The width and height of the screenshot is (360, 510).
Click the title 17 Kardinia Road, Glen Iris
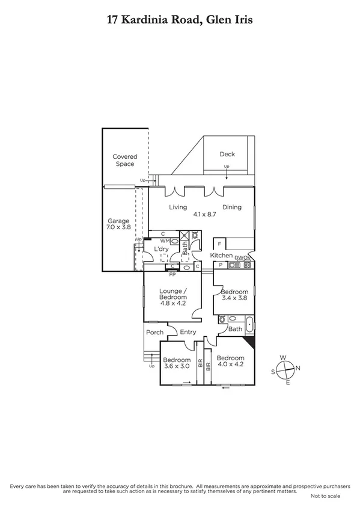[180, 20]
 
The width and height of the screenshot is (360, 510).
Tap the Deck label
[227, 154]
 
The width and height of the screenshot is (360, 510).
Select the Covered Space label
[125, 160]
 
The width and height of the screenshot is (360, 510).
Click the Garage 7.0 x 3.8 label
[118, 224]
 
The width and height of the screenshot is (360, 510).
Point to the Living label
[178, 207]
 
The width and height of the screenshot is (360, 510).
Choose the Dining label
[231, 207]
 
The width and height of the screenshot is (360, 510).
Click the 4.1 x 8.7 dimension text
[204, 214]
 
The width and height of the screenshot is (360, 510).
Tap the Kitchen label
[221, 256]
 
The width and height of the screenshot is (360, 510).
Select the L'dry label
[160, 248]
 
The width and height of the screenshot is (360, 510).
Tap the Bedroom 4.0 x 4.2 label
[230, 363]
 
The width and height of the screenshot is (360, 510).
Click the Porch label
[154, 332]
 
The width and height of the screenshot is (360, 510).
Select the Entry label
[188, 332]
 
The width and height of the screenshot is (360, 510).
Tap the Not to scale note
[325, 496]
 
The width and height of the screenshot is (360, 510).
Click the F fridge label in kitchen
[220, 244]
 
